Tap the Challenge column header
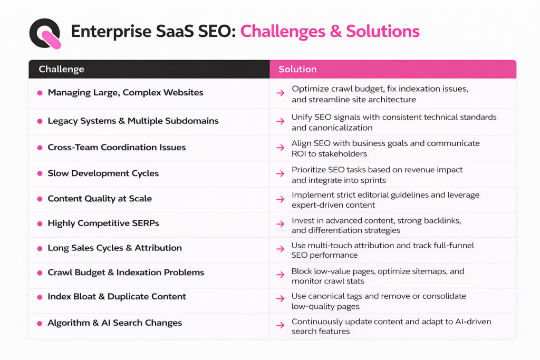61,69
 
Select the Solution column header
297,69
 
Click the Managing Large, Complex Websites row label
126,92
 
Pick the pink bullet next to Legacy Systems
40,121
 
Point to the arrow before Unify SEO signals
280,121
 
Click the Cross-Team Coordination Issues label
117,148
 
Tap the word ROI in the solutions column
300,154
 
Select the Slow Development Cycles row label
103,173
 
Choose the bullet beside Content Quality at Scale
40,199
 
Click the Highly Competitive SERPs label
103,223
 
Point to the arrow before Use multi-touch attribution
280,249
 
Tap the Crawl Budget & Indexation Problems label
126,273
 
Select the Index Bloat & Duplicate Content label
117,296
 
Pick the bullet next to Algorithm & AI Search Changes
40,323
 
